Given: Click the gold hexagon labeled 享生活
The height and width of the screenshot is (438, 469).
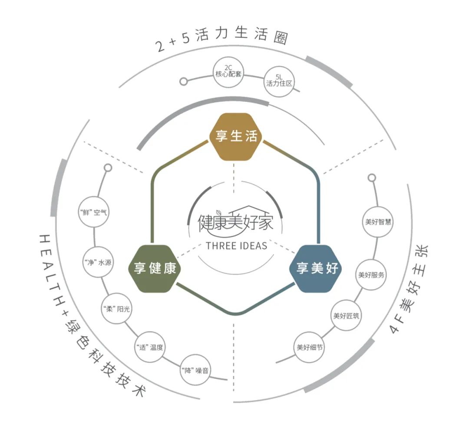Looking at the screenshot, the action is (235, 137).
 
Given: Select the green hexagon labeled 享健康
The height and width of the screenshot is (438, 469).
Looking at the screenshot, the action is (155, 268).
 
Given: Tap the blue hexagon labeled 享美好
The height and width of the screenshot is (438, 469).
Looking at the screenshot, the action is (316, 268).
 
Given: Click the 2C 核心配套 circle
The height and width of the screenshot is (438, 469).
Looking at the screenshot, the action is (228, 72).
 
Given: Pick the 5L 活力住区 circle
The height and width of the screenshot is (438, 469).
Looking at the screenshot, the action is (279, 81).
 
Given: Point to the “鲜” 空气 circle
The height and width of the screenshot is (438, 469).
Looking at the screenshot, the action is (93, 212).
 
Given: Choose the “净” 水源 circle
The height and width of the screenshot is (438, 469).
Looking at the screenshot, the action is (98, 262).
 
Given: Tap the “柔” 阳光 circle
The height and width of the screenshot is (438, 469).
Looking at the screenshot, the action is (116, 308).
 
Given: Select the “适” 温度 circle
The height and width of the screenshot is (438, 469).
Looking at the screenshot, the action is (149, 347).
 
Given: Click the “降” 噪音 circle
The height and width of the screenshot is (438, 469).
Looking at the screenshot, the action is (195, 370).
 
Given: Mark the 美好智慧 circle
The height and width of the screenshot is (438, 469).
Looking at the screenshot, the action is (378, 222).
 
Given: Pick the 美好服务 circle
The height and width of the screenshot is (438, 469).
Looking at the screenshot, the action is (371, 274).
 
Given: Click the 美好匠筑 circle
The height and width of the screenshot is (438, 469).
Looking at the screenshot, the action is (346, 315).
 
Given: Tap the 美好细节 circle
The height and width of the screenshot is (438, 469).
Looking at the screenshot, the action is (309, 347).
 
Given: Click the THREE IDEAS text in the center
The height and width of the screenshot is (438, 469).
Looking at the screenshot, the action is (236, 246).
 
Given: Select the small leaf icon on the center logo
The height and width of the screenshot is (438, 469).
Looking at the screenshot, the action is (219, 212).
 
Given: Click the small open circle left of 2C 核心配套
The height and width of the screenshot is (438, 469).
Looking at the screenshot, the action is (184, 81).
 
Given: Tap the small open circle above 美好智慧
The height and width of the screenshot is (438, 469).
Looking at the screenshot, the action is (372, 178).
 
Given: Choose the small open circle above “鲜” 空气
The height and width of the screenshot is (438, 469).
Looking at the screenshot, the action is (108, 168).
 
